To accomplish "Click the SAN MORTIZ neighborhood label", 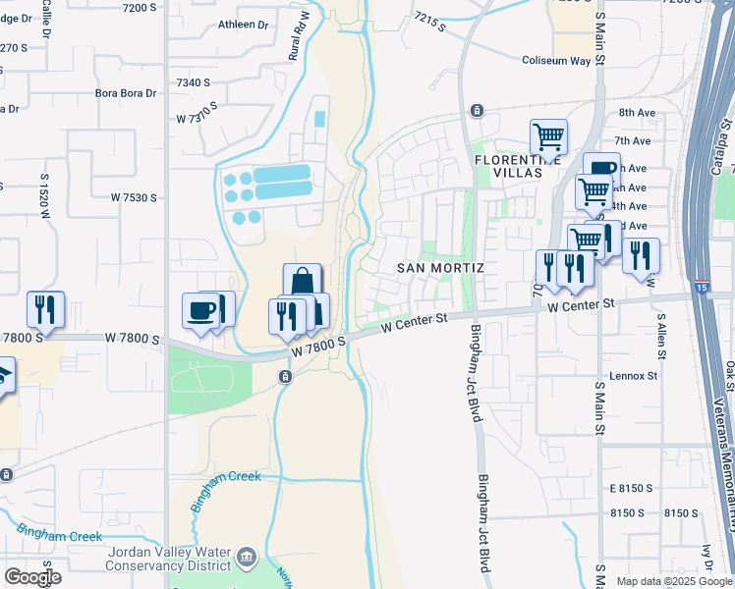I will pyautogui.click(x=441, y=267).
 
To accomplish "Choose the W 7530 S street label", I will pyautogui.click(x=134, y=197).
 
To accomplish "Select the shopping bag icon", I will pyautogui.click(x=302, y=281).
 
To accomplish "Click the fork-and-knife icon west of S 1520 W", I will pyautogui.click(x=45, y=309).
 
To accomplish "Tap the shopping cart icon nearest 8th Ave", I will pyautogui.click(x=548, y=136).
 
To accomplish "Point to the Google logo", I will pyautogui.click(x=33, y=576).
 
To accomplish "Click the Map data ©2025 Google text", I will pyautogui.click(x=673, y=581).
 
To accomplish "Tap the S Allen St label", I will pyautogui.click(x=662, y=340).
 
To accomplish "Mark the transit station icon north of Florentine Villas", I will pyautogui.click(x=477, y=110).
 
